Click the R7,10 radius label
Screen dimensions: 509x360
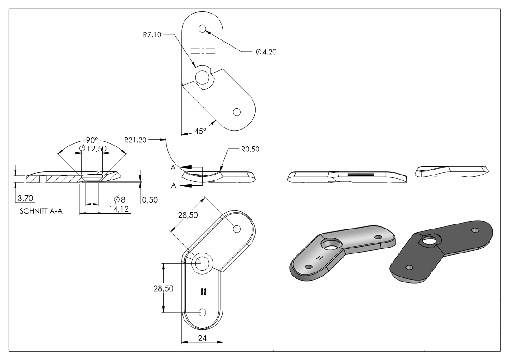pos(152,34)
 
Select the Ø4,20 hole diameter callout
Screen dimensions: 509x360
pos(266,52)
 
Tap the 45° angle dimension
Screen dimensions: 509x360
pos(200,131)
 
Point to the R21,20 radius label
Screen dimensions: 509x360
pos(136,140)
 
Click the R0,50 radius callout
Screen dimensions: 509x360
pos(250,149)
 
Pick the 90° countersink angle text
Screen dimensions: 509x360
pos(92,141)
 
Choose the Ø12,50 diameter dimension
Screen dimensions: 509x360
pos(93,149)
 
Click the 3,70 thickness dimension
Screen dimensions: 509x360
pos(25,198)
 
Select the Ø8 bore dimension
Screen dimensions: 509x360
pos(120,199)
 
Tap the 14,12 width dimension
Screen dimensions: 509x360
pos(119,209)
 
